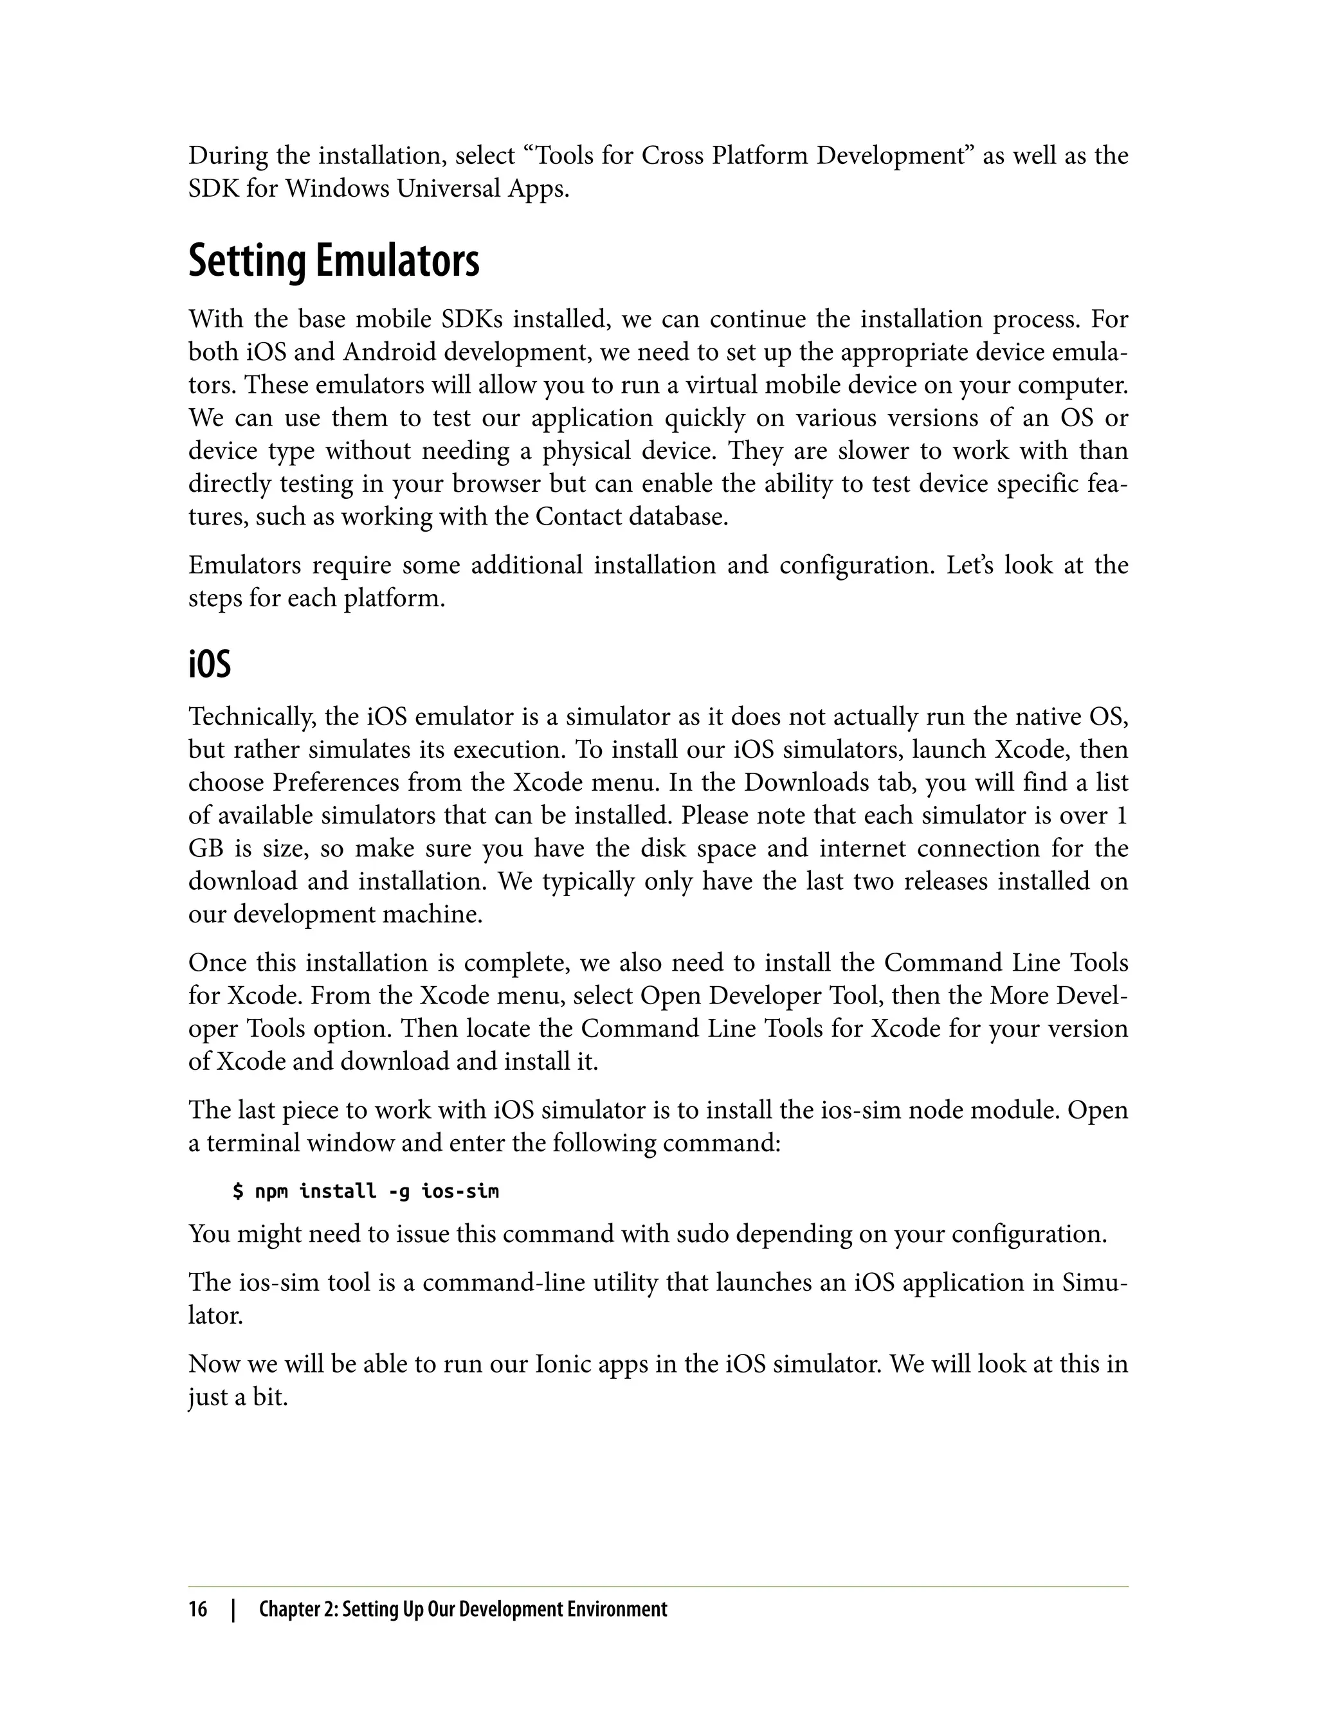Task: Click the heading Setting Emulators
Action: click(x=333, y=261)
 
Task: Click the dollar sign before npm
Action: click(x=239, y=1192)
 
